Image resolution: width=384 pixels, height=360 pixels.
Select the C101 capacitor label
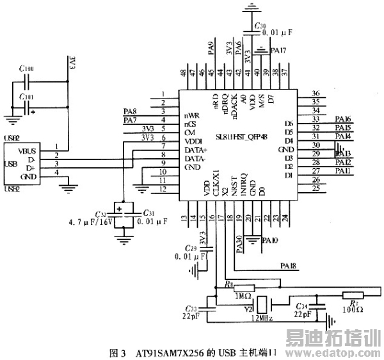click(x=27, y=97)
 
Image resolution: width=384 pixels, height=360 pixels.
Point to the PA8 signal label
click(x=130, y=111)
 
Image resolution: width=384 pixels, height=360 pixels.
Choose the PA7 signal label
click(x=130, y=120)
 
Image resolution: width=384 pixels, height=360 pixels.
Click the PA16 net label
click(x=343, y=119)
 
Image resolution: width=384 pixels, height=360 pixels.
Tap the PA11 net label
click(x=343, y=171)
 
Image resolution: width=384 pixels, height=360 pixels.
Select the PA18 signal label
click(x=289, y=265)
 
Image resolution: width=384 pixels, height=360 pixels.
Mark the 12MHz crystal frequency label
click(x=262, y=318)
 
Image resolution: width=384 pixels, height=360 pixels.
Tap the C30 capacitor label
click(x=259, y=26)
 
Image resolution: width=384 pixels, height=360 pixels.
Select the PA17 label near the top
click(x=278, y=49)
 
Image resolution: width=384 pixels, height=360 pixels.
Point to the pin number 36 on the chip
click(x=315, y=94)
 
